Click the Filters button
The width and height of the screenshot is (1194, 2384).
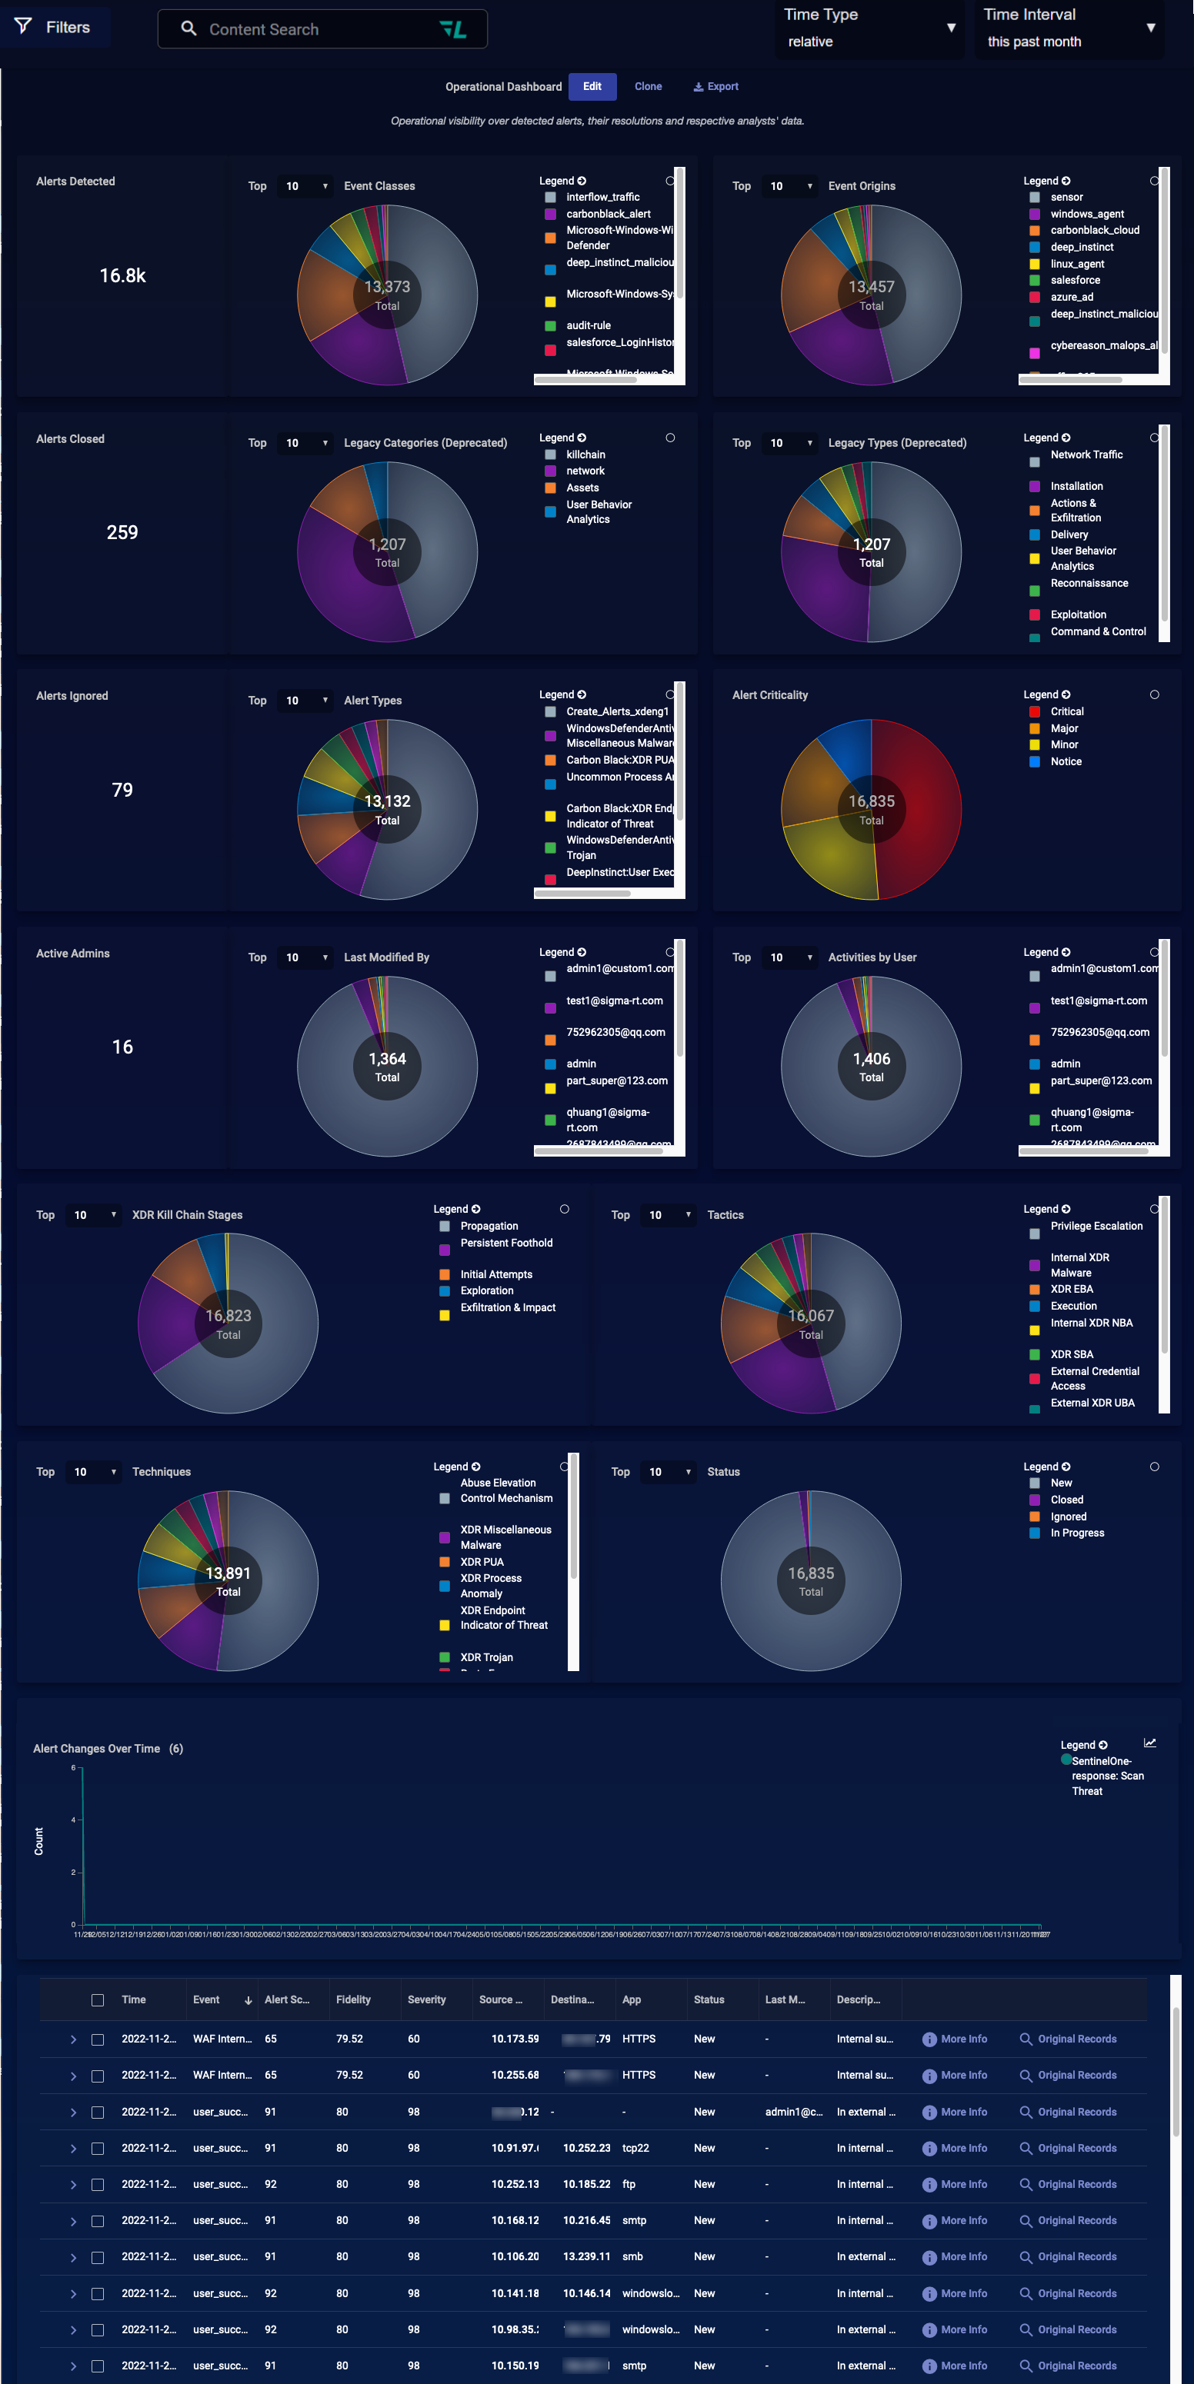55,28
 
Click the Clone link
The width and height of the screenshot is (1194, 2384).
648,87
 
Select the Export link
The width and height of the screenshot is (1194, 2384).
716,87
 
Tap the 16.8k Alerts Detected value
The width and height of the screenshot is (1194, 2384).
122,276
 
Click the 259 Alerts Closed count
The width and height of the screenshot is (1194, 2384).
122,533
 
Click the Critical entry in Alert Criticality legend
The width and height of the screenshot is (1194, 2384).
1066,711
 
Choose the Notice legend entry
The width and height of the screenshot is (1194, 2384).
1066,761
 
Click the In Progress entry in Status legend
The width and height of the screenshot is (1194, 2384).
1076,1533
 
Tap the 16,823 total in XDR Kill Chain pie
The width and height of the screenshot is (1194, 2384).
228,1316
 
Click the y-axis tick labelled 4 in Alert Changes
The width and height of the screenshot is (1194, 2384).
73,1820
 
